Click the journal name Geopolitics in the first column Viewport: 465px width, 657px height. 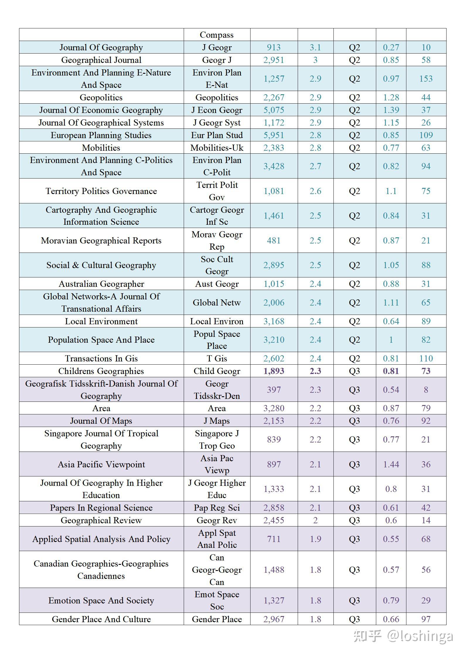pos(101,97)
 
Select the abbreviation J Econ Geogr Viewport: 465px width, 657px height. pos(217,110)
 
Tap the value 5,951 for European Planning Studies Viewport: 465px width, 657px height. pos(274,135)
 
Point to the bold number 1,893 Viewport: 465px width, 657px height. pos(274,371)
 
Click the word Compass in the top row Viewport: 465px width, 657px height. pos(217,35)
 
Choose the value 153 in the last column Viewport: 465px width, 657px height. pos(426,79)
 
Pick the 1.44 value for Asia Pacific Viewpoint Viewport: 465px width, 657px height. pos(391,464)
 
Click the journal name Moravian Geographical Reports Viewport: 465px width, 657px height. pos(101,241)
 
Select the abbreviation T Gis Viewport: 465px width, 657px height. pos(217,358)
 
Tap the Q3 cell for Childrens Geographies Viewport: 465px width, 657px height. pos(354,371)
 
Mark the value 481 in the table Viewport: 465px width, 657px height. pos(274,241)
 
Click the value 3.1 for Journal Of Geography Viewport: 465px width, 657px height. pos(315,47)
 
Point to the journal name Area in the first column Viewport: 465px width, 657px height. pos(101,408)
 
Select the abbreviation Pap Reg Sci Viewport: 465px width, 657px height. pos(217,508)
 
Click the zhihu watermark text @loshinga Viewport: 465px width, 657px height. pos(420,636)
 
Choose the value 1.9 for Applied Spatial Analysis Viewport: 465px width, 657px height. pos(315,539)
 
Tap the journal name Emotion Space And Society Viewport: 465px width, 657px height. pos(101,601)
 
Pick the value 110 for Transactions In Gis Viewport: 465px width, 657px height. pos(426,358)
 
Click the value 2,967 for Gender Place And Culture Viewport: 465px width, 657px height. pos(274,619)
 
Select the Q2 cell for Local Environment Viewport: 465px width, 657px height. pos(354,321)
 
